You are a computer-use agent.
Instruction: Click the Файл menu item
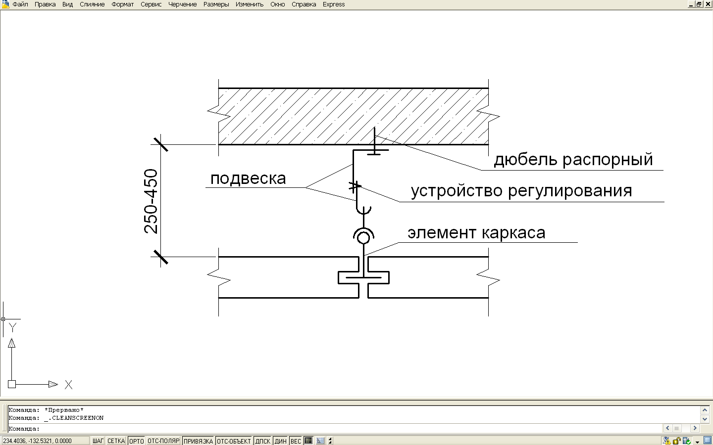tap(20, 4)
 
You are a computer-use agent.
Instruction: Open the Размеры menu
tap(216, 4)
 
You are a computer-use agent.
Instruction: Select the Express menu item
tap(334, 4)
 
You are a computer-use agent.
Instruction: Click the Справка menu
tap(304, 4)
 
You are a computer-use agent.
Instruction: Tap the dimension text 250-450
tap(151, 201)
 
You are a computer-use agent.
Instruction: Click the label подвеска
tap(248, 178)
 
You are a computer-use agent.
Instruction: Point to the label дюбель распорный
tap(573, 160)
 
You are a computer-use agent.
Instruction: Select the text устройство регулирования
tap(521, 191)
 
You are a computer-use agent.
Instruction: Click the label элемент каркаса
tap(476, 233)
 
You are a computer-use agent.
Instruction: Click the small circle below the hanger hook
tap(363, 238)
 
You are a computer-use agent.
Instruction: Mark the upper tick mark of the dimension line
tap(160, 144)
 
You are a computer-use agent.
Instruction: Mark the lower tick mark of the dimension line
tap(160, 257)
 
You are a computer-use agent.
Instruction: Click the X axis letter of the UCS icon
tap(69, 385)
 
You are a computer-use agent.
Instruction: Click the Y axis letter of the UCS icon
tap(12, 327)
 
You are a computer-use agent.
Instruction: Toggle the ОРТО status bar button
tap(137, 441)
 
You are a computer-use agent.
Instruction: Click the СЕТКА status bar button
tap(116, 441)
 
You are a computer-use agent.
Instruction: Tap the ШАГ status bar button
tap(98, 441)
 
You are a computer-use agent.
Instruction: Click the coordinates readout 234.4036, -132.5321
tap(37, 441)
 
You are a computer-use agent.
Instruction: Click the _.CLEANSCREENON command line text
tap(78, 418)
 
